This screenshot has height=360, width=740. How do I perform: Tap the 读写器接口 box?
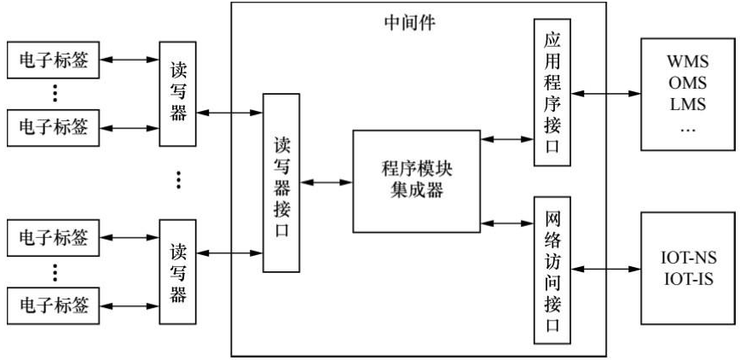tap(280, 182)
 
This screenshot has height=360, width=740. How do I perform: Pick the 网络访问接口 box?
tap(550, 267)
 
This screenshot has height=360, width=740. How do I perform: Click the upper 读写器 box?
tap(177, 94)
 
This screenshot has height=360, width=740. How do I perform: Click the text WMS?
tap(688, 63)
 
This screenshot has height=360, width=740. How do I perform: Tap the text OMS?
tap(688, 84)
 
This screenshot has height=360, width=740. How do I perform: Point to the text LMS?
tap(688, 106)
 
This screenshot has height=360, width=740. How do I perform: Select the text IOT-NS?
tap(688, 257)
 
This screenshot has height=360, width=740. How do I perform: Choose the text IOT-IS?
tap(688, 278)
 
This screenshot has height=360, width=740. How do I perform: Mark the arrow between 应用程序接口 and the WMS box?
tap(604, 94)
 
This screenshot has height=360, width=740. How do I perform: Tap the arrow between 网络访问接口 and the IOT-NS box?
tap(604, 268)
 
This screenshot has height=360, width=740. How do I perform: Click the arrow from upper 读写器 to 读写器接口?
tap(228, 111)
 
